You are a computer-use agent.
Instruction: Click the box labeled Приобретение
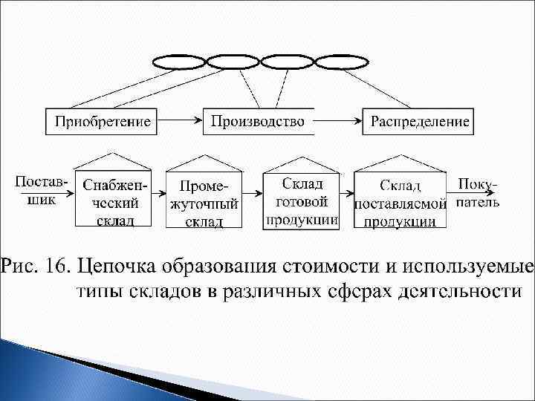pyautogui.click(x=103, y=121)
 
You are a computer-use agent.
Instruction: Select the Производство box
pyautogui.click(x=258, y=121)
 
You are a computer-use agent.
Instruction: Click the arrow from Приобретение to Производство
pyautogui.click(x=181, y=117)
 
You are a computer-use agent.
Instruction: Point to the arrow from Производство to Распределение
pyautogui.click(x=338, y=117)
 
